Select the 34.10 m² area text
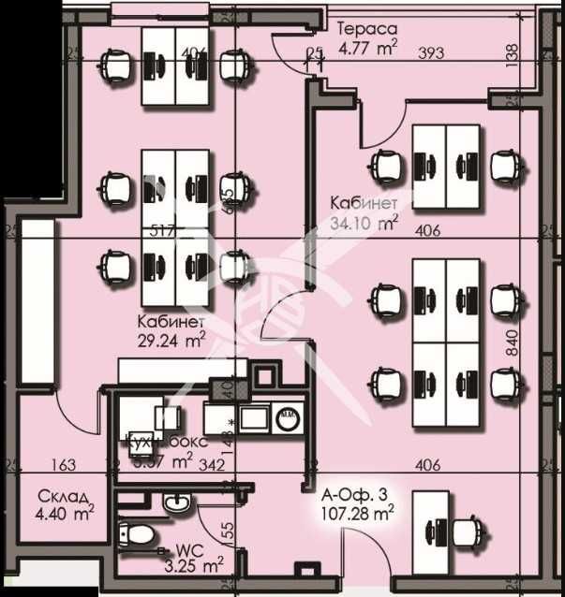point(364,222)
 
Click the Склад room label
point(64,496)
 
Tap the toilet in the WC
point(139,536)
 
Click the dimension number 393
point(431,52)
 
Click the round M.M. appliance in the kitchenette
point(287,414)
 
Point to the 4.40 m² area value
point(64,513)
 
